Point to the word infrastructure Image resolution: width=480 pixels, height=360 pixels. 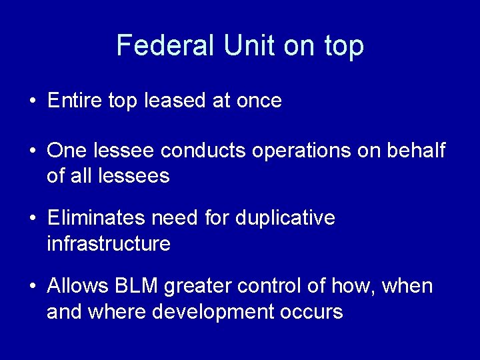[108, 244]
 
